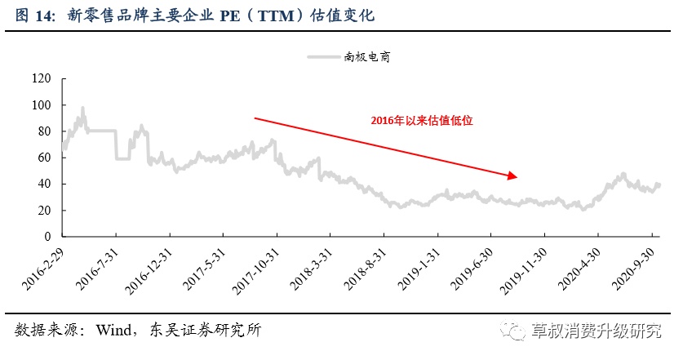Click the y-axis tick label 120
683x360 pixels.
41,79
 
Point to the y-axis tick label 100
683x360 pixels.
41,105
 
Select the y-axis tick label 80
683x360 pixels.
43,131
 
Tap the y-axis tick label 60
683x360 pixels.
43,158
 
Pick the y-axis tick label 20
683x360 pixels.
43,210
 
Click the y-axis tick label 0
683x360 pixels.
47,236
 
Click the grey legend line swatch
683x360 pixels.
325,56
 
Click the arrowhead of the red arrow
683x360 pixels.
512,174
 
